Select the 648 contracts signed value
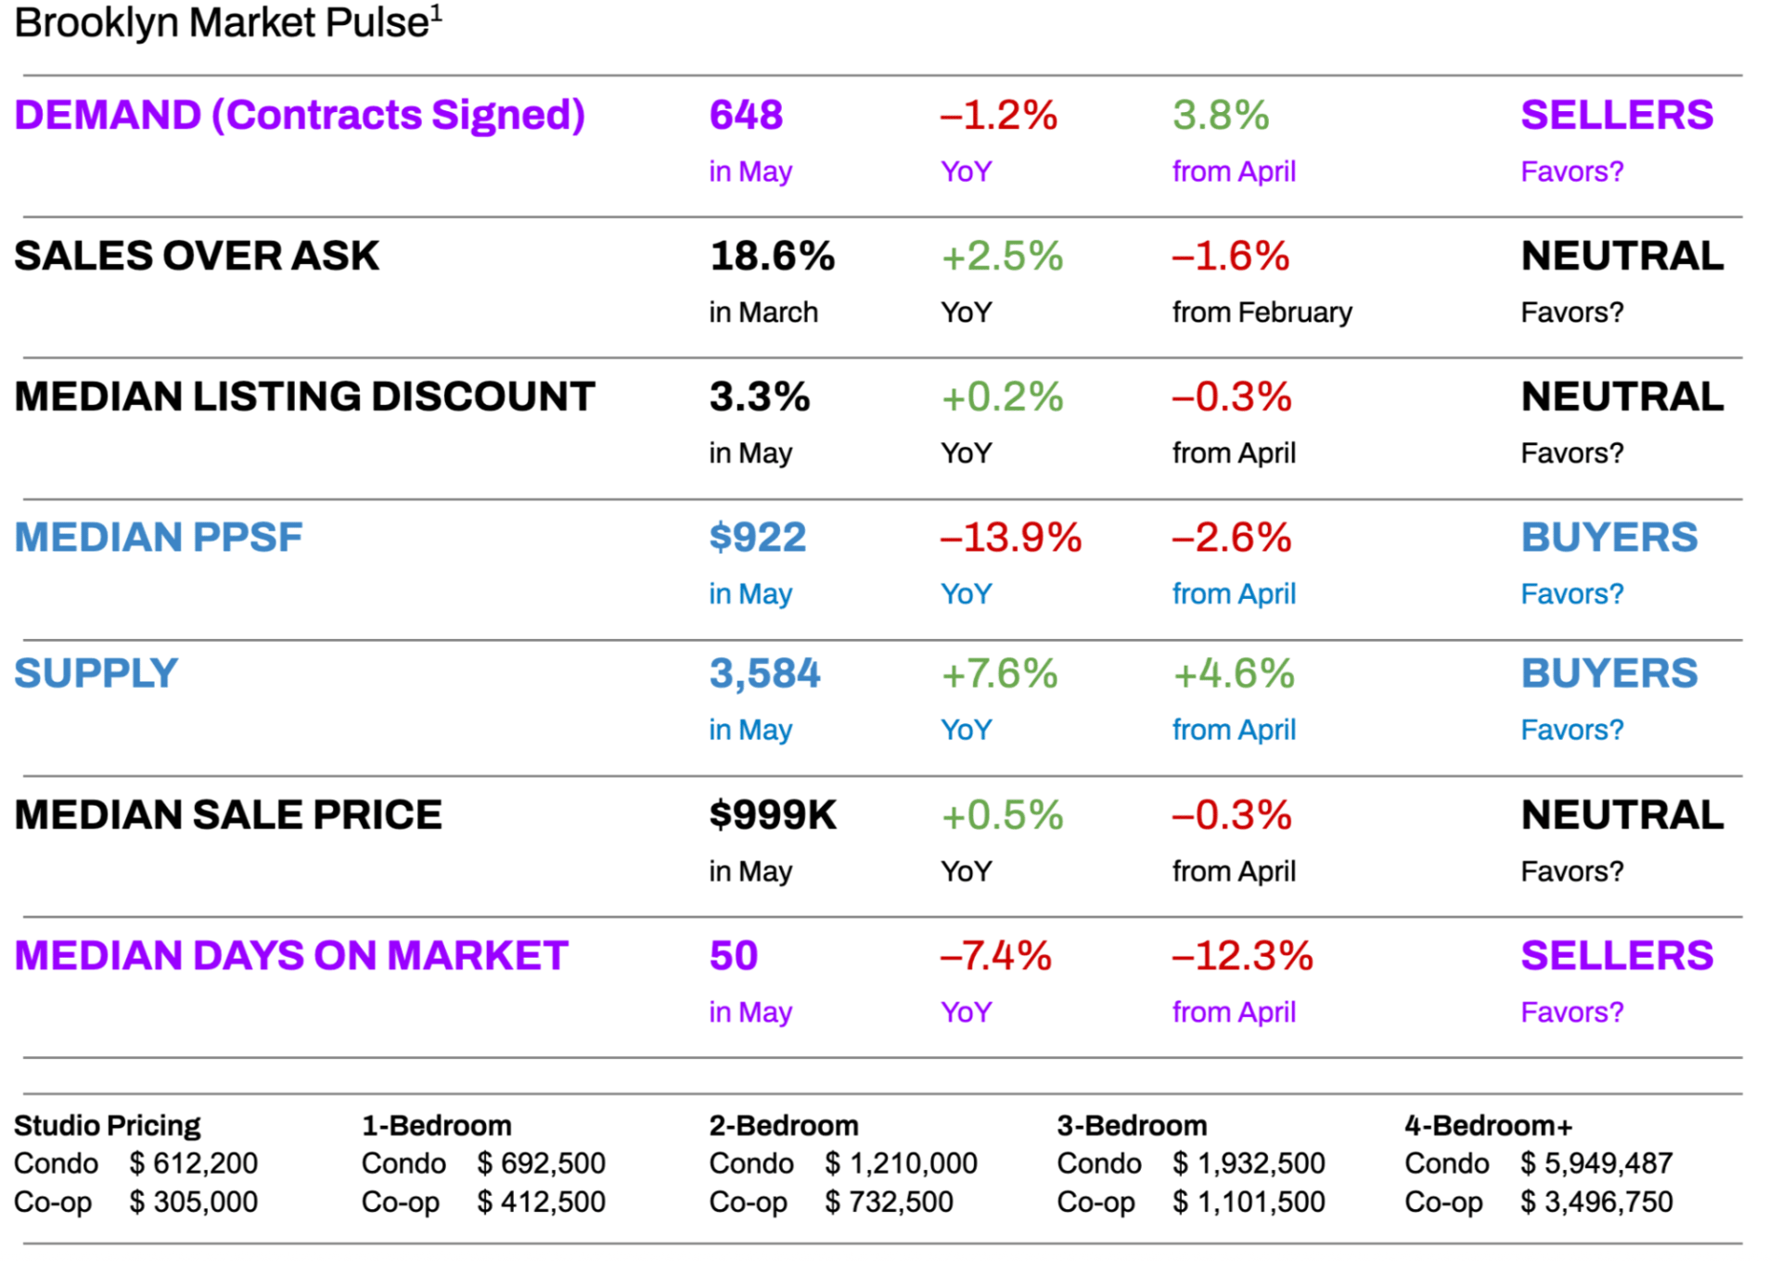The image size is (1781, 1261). [746, 116]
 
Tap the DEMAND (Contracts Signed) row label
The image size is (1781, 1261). [300, 116]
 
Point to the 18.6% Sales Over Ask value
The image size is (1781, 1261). [772, 257]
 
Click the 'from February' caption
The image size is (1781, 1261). [1262, 312]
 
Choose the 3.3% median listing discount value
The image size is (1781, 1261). [760, 398]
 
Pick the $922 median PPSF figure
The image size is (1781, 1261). [758, 538]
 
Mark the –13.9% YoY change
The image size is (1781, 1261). [1011, 538]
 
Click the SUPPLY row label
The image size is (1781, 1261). [96, 674]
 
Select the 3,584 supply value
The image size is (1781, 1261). [764, 674]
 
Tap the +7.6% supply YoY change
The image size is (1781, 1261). [999, 674]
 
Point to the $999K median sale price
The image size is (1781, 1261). [773, 816]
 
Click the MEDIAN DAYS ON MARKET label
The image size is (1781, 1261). [291, 956]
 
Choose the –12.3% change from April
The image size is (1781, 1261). [1242, 956]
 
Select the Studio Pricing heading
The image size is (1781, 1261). [107, 1126]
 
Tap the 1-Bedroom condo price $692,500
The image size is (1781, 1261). [542, 1164]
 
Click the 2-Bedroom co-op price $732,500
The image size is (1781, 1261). [890, 1203]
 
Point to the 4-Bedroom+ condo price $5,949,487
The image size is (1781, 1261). [1596, 1164]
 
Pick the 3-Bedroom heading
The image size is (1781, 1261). [1132, 1126]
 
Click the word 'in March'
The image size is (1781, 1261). [763, 312]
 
